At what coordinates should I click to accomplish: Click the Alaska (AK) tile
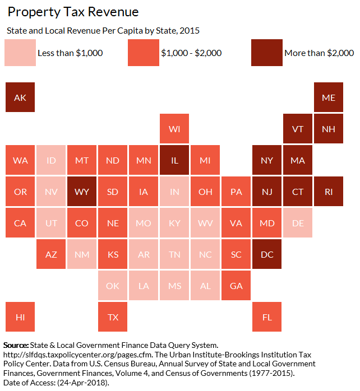coord(20,98)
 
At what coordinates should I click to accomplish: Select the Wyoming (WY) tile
coord(82,192)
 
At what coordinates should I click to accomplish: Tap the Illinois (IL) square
coord(174,161)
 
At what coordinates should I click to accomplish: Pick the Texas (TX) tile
coord(113,316)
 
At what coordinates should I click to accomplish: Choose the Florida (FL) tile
coord(267,316)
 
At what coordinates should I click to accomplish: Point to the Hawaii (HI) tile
coord(20,316)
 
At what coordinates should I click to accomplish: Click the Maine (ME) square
coord(329,98)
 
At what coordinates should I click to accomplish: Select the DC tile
coord(267,254)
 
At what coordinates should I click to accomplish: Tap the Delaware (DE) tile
coord(298,223)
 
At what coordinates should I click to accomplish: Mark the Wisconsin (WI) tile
coord(174,129)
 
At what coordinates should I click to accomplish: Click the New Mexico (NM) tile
coord(82,254)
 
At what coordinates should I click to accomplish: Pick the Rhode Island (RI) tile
coord(329,192)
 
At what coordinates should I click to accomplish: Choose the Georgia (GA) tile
coord(236,286)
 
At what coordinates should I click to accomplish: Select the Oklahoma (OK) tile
coord(113,286)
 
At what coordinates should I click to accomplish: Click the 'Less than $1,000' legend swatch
coord(19,53)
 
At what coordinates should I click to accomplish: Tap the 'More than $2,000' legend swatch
coord(266,53)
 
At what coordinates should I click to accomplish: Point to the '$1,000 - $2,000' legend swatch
coord(143,53)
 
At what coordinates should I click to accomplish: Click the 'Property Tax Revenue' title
coord(73,12)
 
